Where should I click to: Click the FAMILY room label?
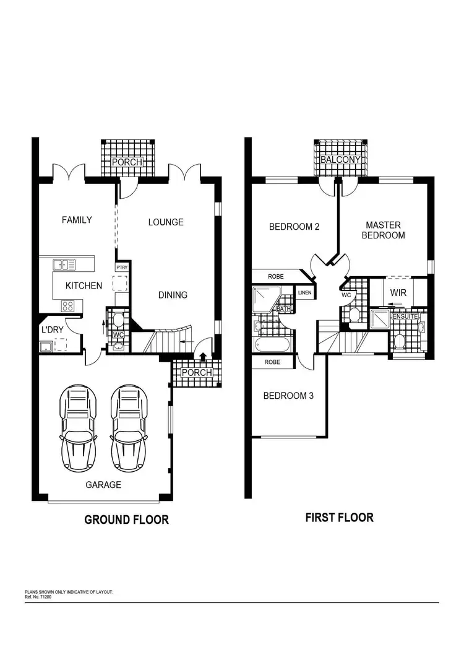(x=77, y=220)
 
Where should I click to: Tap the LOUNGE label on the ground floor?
(x=166, y=222)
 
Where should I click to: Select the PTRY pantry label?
(x=122, y=267)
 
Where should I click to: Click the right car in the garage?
(x=129, y=428)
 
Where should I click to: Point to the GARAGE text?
(x=103, y=485)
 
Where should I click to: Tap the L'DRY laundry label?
(x=52, y=330)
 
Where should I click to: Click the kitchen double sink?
(x=64, y=264)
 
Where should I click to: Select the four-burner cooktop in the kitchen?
(x=67, y=305)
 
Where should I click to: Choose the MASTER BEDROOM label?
(x=383, y=230)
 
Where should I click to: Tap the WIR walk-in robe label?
(x=397, y=290)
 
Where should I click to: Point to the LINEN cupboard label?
(x=304, y=292)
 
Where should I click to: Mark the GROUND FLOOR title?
(x=126, y=520)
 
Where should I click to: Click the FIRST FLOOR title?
(x=339, y=517)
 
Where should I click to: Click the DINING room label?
(x=173, y=295)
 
